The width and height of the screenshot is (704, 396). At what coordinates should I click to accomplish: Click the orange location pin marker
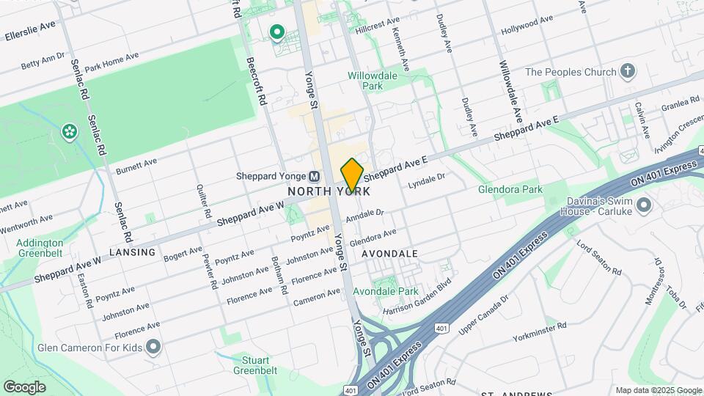coord(352,175)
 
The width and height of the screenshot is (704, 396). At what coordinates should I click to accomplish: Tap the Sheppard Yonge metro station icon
coord(314,176)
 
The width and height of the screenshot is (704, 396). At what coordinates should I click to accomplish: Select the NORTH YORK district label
coord(328,191)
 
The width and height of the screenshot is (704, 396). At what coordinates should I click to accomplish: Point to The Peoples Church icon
coord(626,71)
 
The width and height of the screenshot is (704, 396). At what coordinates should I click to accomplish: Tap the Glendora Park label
coord(510,189)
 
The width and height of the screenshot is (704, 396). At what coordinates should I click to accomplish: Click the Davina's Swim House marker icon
coord(644,205)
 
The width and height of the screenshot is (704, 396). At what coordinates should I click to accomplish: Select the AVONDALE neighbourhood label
coord(389,254)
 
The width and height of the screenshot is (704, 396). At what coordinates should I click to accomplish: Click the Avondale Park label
coord(386,291)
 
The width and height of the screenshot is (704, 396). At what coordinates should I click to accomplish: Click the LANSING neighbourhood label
coord(133,252)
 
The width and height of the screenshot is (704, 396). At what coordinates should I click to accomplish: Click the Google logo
coord(24,386)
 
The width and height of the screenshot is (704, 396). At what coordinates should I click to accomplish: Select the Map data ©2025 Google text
coord(658,390)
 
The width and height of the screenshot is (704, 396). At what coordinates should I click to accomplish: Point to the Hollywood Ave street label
coord(527,26)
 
